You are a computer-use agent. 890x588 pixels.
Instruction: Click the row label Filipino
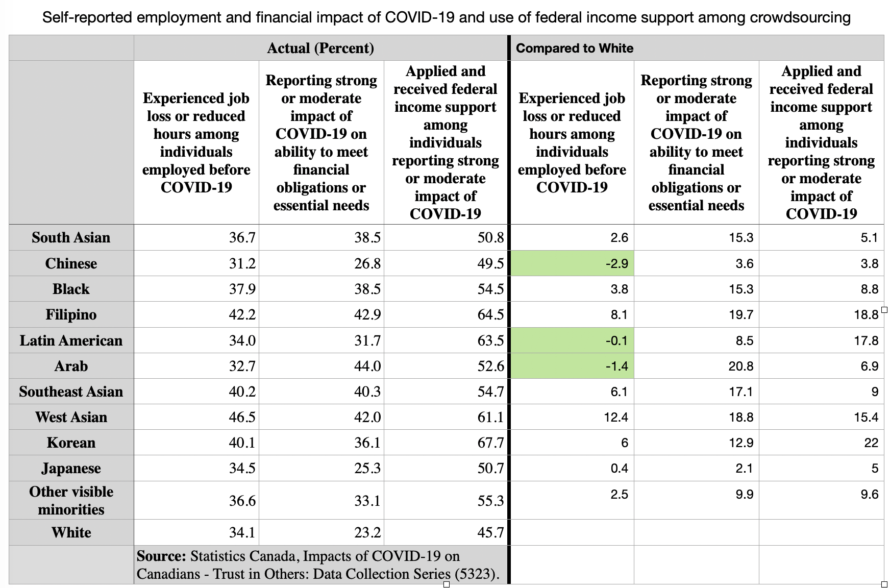pos(71,314)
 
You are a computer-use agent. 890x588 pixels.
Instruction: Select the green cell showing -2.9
pos(572,263)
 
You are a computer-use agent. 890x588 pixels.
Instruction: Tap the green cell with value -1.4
pos(572,366)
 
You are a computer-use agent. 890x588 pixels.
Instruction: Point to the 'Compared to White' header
pos(575,48)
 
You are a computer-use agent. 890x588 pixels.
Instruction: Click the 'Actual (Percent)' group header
pos(320,48)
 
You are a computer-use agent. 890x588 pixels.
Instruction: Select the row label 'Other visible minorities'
pos(71,500)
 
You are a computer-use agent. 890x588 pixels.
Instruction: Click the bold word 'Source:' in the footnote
pos(161,556)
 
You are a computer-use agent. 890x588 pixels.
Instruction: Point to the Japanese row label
pos(71,468)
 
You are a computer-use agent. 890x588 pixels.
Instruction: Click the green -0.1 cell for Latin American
pos(572,340)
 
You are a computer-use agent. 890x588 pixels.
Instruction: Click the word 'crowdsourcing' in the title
pos(800,18)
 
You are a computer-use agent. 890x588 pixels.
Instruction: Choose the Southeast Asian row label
pos(71,391)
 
